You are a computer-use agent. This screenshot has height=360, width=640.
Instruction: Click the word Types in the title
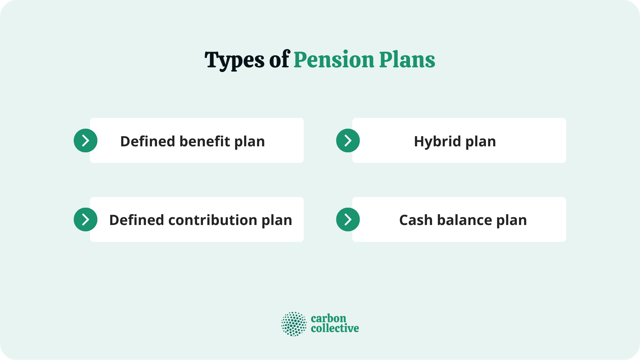tap(234, 60)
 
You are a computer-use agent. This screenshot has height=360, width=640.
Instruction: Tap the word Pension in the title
tap(334, 60)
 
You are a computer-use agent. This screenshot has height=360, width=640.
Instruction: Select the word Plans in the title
tap(407, 60)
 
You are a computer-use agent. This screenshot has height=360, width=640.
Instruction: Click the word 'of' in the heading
tap(279, 60)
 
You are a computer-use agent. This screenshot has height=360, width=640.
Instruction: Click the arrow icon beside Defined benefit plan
tap(85, 141)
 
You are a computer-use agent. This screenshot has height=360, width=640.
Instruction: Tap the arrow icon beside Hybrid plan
tap(348, 141)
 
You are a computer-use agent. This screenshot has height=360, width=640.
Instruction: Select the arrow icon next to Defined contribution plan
tap(85, 220)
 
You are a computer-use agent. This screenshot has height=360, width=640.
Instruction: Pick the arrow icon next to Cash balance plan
tap(348, 220)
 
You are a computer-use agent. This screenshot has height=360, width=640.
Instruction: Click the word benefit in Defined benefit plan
tap(205, 141)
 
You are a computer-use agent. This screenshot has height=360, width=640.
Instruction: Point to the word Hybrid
tap(437, 141)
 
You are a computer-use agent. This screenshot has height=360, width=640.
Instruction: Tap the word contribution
tap(213, 220)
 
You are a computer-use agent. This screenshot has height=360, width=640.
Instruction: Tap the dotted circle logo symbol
tap(294, 324)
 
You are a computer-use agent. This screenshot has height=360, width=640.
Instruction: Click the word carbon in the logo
tap(328, 319)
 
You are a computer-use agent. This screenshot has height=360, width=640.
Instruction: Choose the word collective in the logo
tap(335, 328)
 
